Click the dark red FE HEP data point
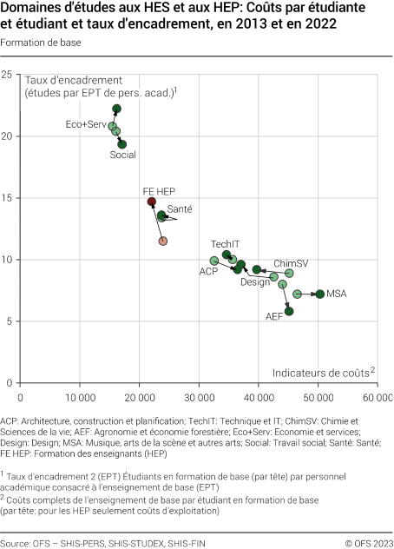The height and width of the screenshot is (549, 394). coord(152,202)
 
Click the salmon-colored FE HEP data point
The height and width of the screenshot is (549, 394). coord(163,241)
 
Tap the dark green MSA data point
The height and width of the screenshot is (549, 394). coord(319,294)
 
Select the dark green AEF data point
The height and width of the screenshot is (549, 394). coord(289,311)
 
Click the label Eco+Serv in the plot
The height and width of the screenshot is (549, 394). coord(86,124)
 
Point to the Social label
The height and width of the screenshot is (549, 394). coord(122,155)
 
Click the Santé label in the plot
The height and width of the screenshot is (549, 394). coord(180,209)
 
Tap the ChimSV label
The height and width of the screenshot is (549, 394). coord(291,262)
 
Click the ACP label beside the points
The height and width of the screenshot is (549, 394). coord(208,272)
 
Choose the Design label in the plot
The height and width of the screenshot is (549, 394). coord(254,282)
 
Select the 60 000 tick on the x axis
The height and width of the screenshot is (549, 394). coord(377,397)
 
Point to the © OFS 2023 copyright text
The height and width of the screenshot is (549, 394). coord(368,542)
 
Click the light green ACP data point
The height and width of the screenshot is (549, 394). coord(214,261)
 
